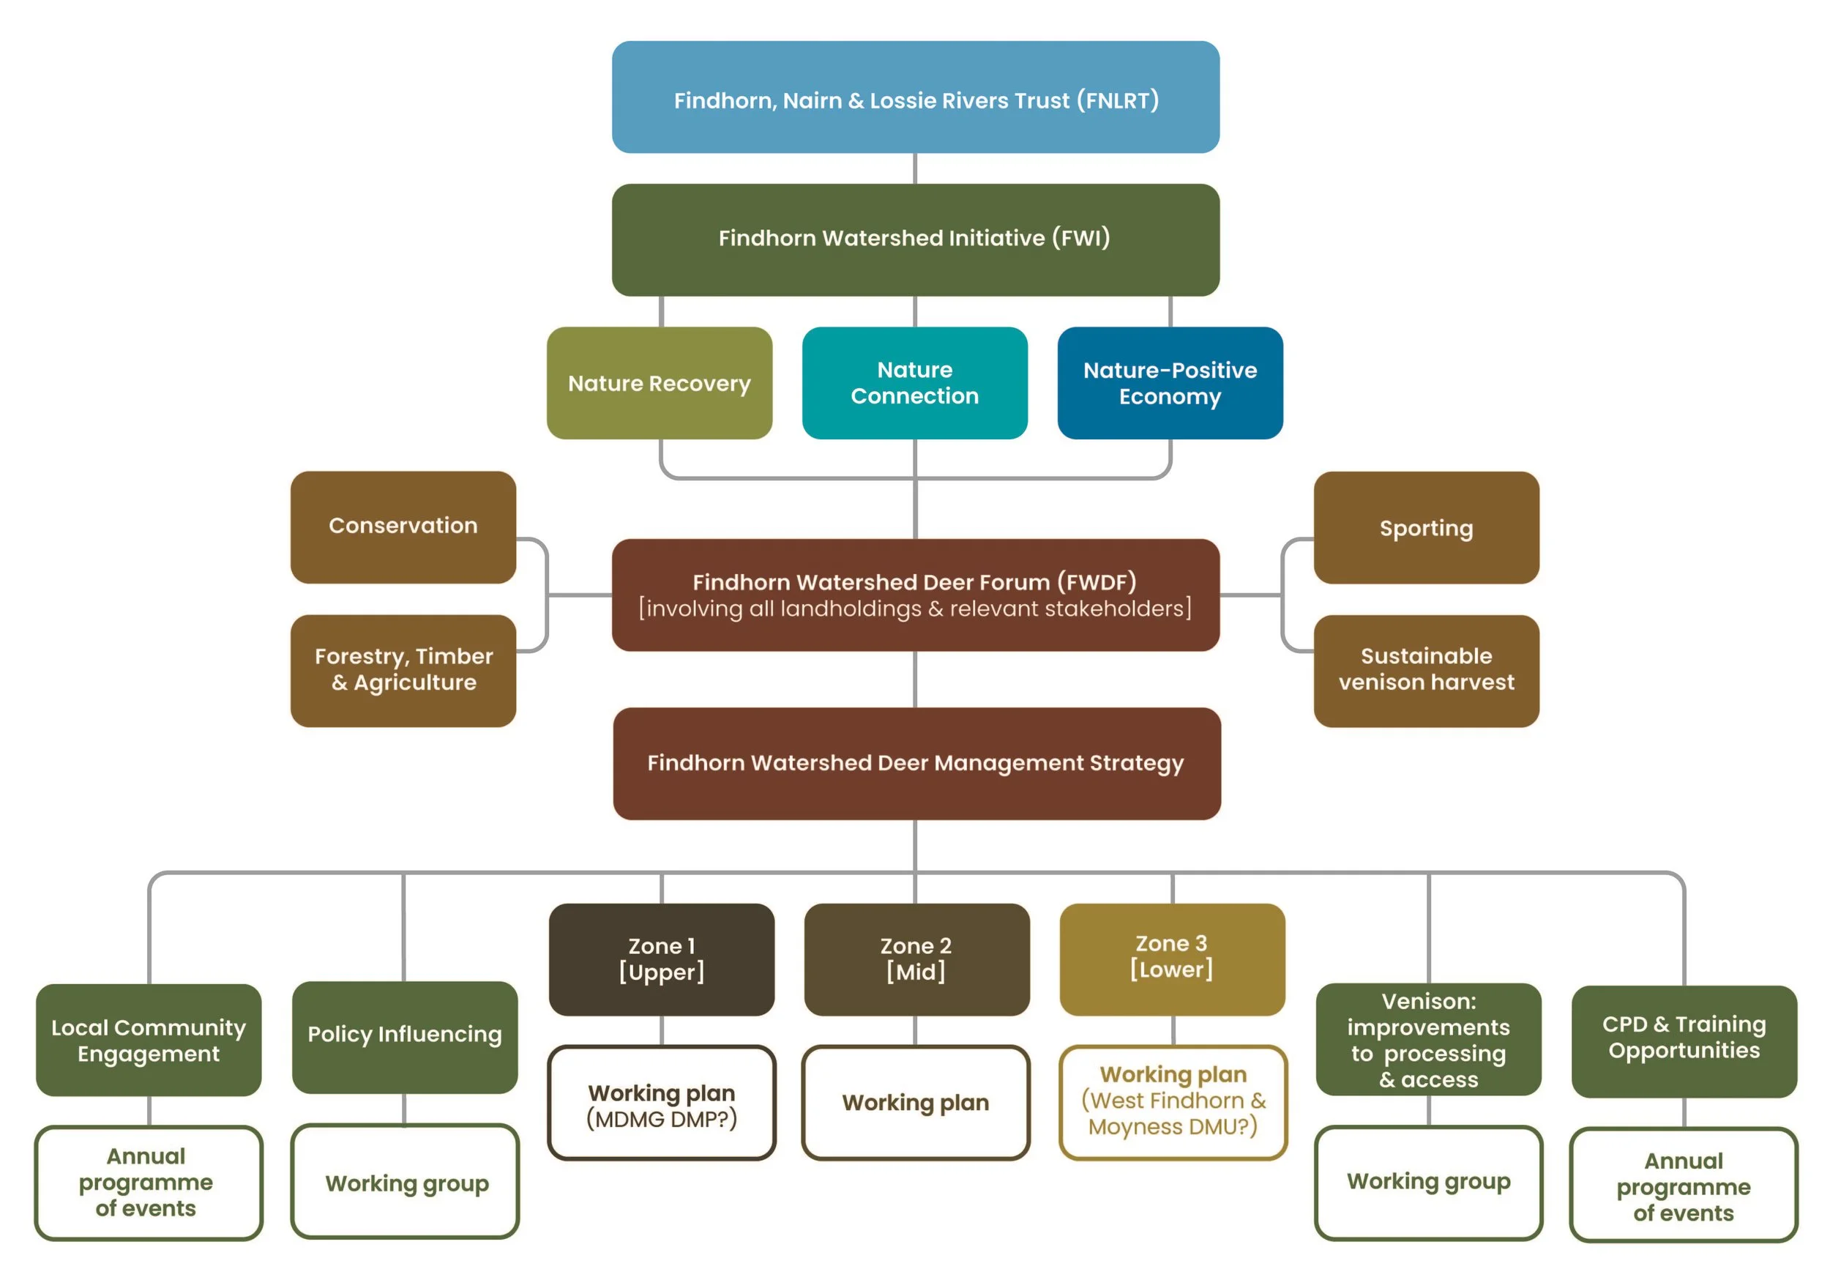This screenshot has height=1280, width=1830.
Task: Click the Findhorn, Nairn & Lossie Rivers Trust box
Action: [x=915, y=97]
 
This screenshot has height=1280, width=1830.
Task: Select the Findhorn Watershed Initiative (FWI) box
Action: [x=915, y=239]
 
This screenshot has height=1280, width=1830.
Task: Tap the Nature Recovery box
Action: [x=659, y=383]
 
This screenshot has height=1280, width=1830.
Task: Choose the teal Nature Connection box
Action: [x=914, y=383]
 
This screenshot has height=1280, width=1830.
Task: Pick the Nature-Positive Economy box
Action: [x=1169, y=383]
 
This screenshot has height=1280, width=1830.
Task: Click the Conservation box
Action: [x=403, y=526]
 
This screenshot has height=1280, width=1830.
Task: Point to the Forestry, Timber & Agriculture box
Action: [x=403, y=670]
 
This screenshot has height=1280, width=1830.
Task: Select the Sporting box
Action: [x=1426, y=527]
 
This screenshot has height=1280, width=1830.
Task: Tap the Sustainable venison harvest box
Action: [x=1426, y=670]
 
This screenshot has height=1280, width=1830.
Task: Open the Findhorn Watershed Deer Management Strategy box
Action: [x=916, y=763]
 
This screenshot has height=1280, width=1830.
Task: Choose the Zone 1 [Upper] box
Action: [x=661, y=959]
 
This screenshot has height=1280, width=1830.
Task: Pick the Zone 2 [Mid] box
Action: [x=916, y=959]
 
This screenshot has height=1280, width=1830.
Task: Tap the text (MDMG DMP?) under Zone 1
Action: [x=661, y=1119]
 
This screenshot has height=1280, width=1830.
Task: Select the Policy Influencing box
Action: [x=404, y=1036]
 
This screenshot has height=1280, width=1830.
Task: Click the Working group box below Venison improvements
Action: [x=1427, y=1182]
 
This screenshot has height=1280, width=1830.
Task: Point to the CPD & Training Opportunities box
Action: [x=1684, y=1040]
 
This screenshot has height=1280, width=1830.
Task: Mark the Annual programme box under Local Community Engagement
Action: [x=149, y=1182]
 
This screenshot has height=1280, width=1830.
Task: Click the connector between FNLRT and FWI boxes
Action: [x=915, y=168]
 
